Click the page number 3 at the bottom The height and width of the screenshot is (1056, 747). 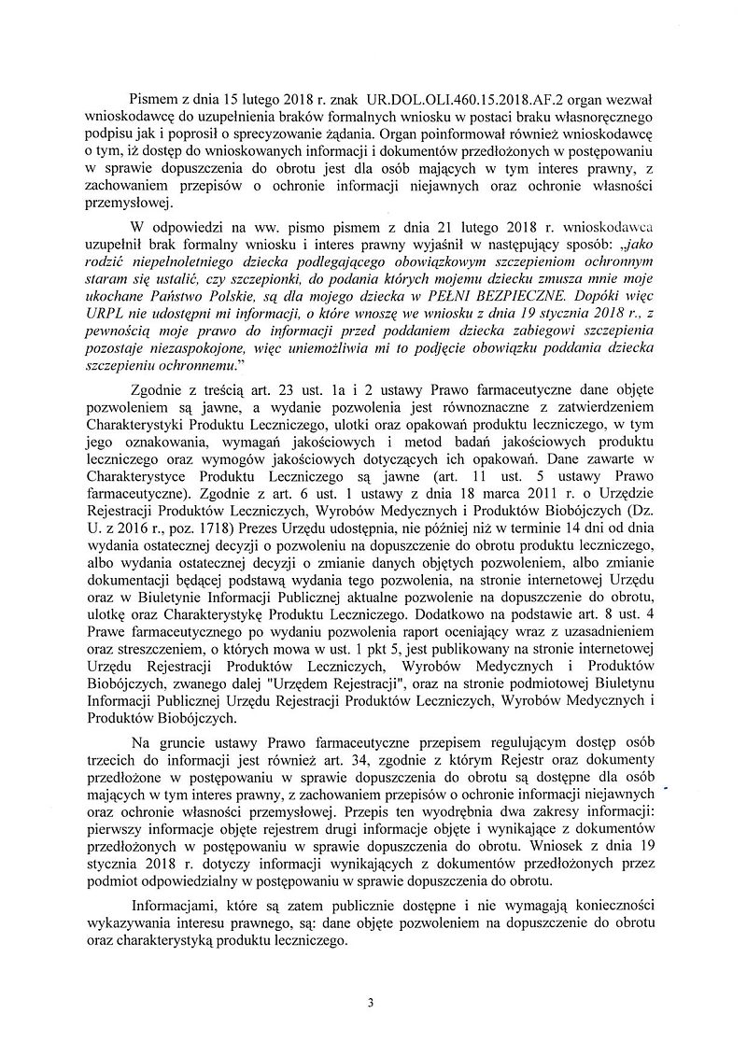(x=371, y=1004)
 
